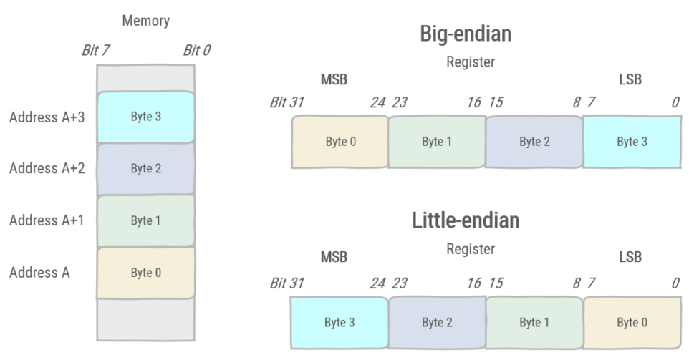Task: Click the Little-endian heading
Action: click(x=465, y=220)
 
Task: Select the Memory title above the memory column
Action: click(x=145, y=21)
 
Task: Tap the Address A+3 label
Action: click(x=47, y=117)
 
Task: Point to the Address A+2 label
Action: click(x=47, y=169)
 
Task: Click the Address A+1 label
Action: click(x=47, y=220)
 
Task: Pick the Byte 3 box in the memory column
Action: click(x=145, y=117)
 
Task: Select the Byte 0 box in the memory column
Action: click(x=145, y=272)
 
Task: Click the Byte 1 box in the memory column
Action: click(x=145, y=220)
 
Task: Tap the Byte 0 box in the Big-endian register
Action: click(x=339, y=142)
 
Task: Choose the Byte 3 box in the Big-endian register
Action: click(x=632, y=142)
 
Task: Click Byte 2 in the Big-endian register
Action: click(x=534, y=142)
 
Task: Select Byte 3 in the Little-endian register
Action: click(x=339, y=323)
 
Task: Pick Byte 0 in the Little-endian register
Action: click(x=632, y=323)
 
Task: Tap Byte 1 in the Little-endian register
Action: click(x=534, y=323)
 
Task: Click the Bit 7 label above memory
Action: click(x=97, y=51)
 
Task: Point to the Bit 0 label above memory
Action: click(x=196, y=51)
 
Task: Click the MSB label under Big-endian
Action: click(x=334, y=80)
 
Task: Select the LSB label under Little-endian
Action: click(x=630, y=257)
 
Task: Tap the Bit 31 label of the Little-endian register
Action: click(x=286, y=283)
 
